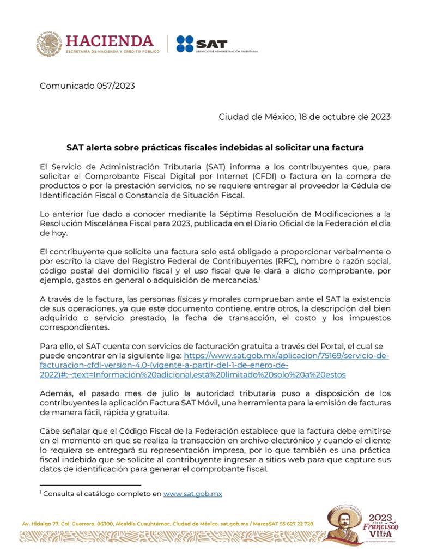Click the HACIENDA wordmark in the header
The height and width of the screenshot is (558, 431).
(109, 41)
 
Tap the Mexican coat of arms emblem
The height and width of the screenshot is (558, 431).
(49, 44)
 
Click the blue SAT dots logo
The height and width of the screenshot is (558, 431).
(185, 44)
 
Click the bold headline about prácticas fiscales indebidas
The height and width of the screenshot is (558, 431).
(215, 148)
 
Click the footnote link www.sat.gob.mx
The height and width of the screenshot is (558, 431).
(192, 494)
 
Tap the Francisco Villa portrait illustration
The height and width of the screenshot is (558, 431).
(342, 524)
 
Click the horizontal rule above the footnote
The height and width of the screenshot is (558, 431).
(90, 484)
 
